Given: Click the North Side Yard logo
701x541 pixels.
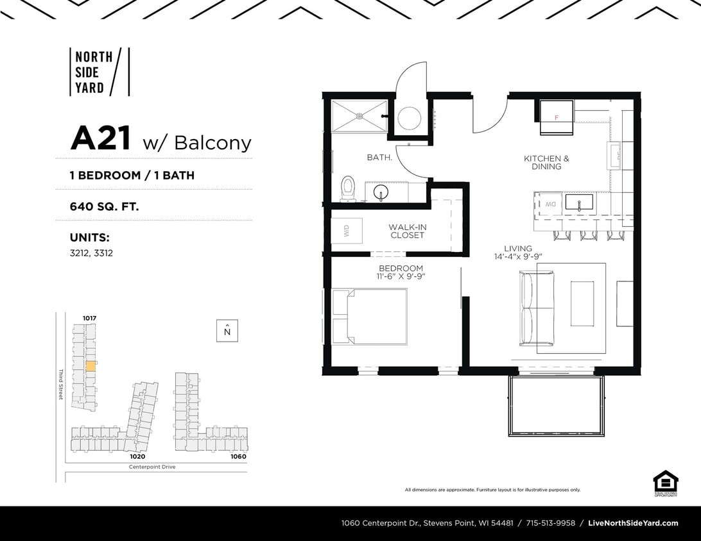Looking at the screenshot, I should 99,71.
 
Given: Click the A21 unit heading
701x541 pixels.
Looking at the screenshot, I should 101,138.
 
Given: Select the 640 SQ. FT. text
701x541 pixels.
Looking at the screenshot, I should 104,206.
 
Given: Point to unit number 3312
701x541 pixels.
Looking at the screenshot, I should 103,253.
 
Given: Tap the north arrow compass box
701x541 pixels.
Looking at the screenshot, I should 227,331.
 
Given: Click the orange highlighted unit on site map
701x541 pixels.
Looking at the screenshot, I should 91,366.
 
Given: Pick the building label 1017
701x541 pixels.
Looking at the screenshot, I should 89,318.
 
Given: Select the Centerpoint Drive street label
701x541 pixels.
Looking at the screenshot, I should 152,467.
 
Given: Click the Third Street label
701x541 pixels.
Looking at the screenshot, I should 61,385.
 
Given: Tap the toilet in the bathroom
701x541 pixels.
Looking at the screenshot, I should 348,188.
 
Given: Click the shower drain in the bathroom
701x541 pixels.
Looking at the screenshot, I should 359,116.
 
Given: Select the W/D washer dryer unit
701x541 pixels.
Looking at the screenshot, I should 347,231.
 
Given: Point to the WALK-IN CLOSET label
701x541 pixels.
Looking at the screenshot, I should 407,231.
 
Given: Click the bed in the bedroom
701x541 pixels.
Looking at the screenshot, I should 370,316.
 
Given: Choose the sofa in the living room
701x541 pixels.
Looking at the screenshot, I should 536,308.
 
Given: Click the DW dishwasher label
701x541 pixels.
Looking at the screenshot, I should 550,204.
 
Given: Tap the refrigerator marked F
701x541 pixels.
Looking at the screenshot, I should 556,117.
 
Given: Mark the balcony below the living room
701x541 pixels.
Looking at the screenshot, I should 556,406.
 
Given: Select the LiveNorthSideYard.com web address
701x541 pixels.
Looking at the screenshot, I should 633,523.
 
